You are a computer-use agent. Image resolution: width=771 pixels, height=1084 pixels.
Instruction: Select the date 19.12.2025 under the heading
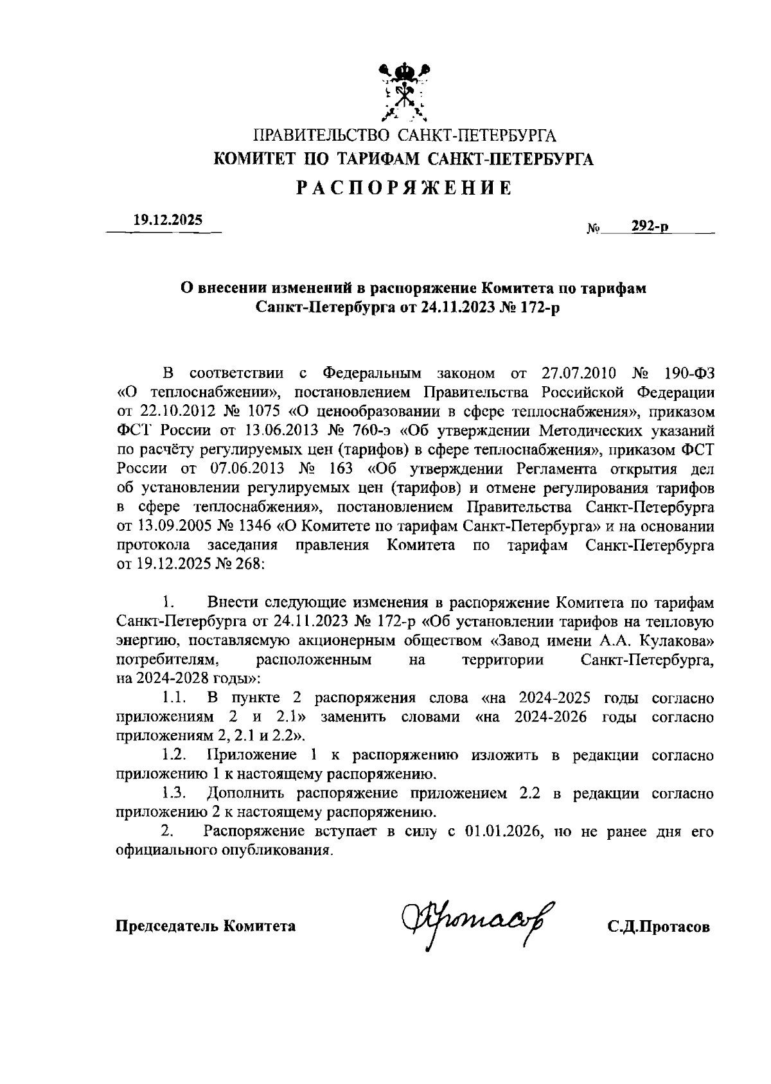167,220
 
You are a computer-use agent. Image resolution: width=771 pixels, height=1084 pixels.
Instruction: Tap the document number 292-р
650,226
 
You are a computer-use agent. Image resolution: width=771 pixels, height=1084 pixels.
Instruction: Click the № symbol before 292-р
594,228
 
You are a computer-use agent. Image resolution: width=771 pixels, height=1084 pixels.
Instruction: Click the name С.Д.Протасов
659,927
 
